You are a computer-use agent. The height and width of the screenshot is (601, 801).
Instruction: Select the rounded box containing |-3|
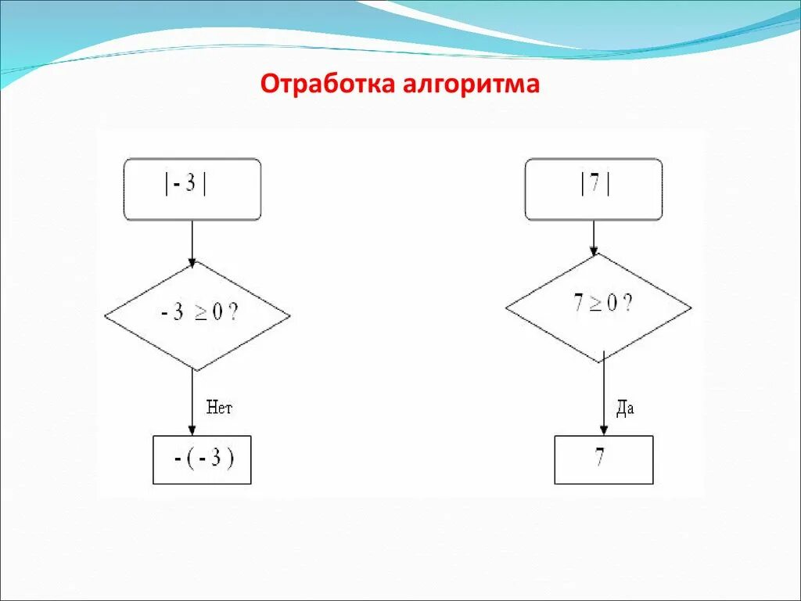coord(192,189)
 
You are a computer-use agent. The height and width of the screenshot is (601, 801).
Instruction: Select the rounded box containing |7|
coord(593,189)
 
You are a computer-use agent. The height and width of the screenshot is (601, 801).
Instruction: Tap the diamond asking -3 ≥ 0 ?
coord(197,315)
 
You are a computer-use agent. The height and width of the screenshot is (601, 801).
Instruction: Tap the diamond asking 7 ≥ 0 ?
coord(598,307)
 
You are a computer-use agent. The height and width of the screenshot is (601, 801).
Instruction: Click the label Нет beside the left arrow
coord(219,407)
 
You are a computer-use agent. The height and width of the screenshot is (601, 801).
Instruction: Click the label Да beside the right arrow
coord(624,408)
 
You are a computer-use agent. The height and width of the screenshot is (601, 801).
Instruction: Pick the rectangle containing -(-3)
coord(202,460)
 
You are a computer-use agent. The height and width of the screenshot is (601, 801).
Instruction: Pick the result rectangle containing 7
coord(603,460)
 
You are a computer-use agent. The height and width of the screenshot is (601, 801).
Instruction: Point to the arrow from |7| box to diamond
coord(594,238)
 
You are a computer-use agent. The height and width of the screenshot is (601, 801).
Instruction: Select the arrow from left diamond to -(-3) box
coord(192,403)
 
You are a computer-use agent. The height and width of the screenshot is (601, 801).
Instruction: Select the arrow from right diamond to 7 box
coord(603,399)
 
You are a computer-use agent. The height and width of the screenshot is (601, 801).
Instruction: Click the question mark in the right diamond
coord(628,304)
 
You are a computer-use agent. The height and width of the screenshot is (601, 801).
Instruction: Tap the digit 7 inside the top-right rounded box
coord(594,185)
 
